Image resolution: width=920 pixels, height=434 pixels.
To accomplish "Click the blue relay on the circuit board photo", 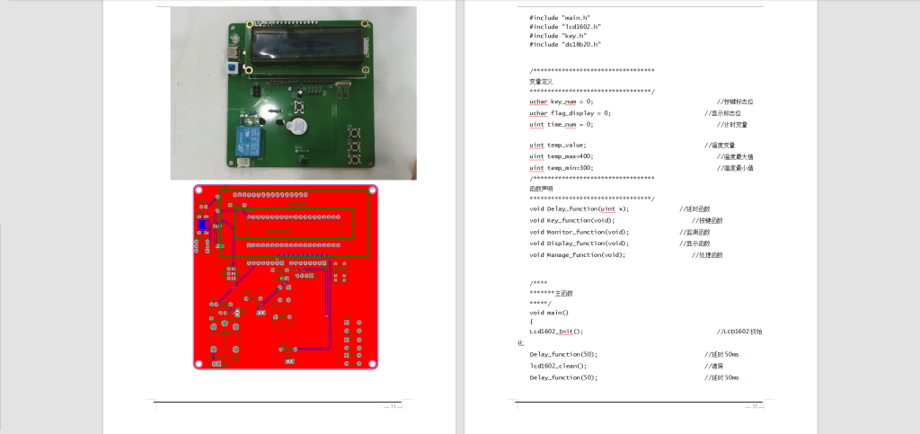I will [x=243, y=139].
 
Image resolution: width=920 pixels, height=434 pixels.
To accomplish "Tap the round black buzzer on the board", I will [x=296, y=126].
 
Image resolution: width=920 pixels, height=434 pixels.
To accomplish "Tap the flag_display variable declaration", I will [x=570, y=113].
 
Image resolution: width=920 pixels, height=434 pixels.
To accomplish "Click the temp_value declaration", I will [x=557, y=145].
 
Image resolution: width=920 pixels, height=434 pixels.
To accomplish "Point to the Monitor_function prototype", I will [x=579, y=232].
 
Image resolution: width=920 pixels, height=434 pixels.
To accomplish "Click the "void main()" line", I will [x=549, y=312].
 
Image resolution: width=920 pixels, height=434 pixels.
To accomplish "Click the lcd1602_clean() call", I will [x=557, y=366].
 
